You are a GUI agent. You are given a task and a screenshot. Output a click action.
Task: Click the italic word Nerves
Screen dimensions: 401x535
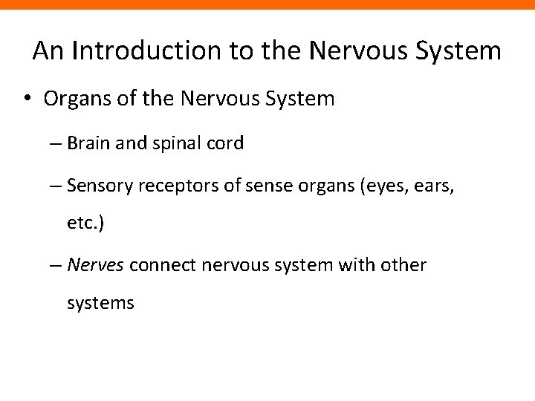[x=95, y=264]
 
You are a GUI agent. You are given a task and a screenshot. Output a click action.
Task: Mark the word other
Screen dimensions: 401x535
[x=405, y=264]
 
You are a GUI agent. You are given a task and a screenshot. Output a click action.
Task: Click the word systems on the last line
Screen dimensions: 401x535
[x=100, y=303]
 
